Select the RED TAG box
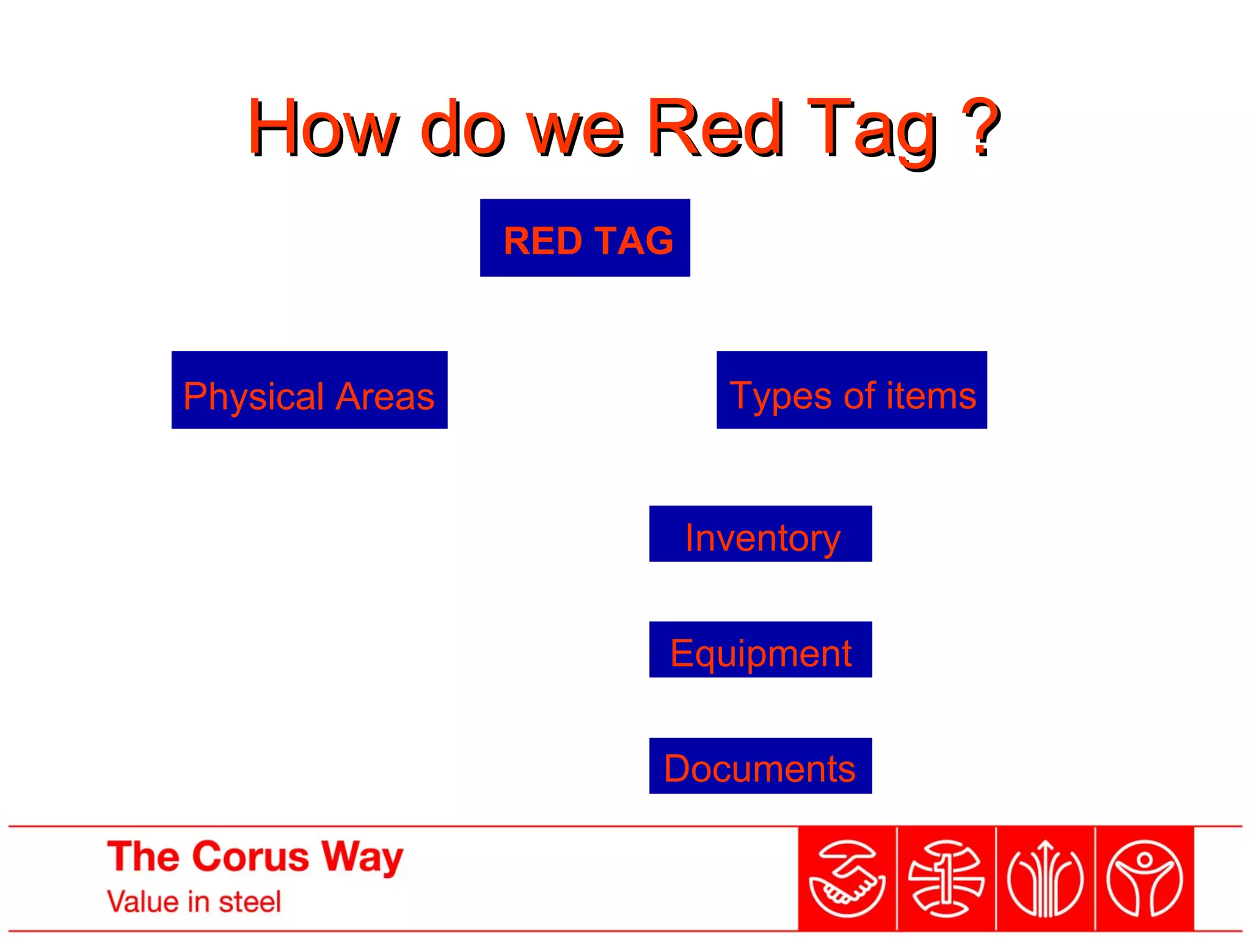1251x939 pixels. (x=585, y=238)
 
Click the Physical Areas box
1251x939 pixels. (x=309, y=390)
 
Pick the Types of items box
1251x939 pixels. (x=852, y=390)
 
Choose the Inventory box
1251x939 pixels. (x=760, y=534)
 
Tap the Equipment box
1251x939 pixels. (x=760, y=650)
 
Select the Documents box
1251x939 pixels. (x=760, y=766)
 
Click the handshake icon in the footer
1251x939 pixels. (x=847, y=879)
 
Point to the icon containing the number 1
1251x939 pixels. (x=946, y=879)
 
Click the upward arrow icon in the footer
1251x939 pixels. (x=1045, y=879)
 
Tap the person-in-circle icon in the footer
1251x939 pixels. (x=1145, y=879)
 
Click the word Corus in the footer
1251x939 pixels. (x=252, y=856)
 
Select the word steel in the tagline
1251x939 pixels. (x=250, y=902)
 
